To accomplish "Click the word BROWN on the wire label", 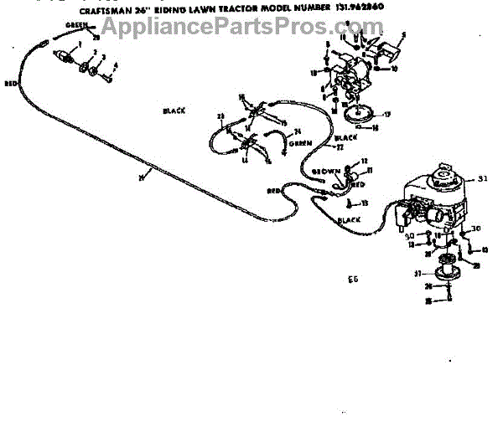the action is [x=325, y=172].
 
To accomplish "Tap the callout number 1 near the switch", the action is [x=79, y=44].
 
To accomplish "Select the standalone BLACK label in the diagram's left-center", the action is [x=174, y=110].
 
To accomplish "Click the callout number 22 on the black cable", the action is [x=340, y=147].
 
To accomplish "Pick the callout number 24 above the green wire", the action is [x=273, y=131].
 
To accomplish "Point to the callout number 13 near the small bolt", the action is [x=364, y=203].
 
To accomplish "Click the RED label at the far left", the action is [x=10, y=85].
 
